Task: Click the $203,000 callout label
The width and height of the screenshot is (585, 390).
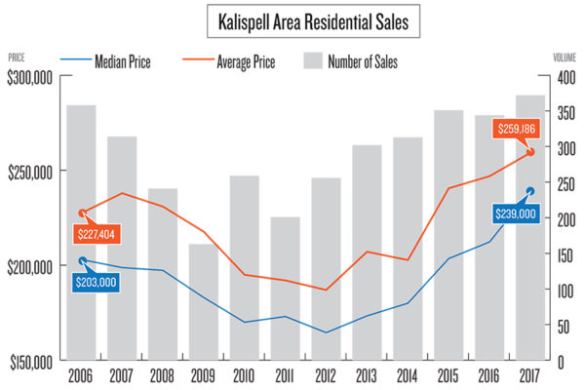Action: click(x=101, y=282)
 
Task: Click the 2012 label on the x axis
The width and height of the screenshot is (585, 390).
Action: click(x=326, y=376)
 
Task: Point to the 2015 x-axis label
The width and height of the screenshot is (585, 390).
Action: click(x=448, y=376)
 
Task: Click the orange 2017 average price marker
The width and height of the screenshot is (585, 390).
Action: click(x=530, y=151)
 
